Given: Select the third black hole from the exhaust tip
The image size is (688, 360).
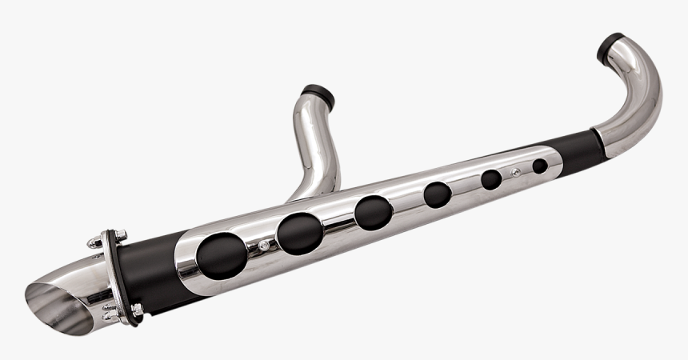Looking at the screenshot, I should [x=374, y=212].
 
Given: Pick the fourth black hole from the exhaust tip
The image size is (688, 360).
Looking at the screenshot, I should [x=438, y=194].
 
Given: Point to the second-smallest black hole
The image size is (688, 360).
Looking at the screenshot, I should [x=491, y=179].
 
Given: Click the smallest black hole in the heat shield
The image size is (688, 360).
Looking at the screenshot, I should [x=540, y=166].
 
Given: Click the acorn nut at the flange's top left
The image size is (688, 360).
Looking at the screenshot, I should [x=95, y=242].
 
